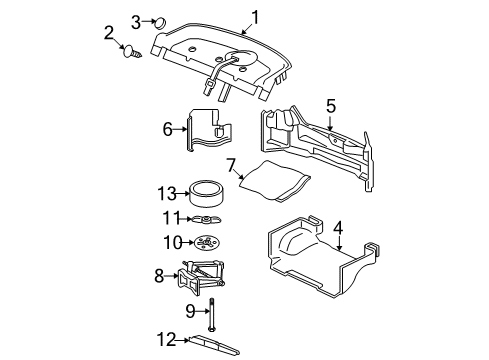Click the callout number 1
[x=255, y=15]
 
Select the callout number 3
[x=136, y=20]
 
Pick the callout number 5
[x=331, y=104]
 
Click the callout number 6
[x=168, y=128]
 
